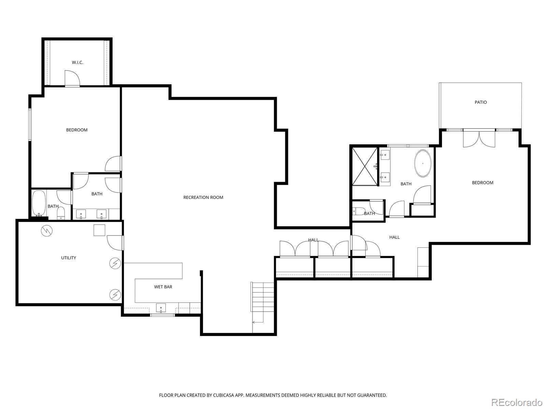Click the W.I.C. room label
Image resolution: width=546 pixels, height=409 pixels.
pos(77,62)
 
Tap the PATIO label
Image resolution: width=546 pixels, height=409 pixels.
pos(480,102)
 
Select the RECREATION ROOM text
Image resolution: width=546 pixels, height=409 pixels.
pos(203,197)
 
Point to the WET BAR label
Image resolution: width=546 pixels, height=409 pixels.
pos(163,287)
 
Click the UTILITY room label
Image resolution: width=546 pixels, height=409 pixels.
pos(69,258)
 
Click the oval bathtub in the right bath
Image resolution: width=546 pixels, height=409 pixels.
pos(423,163)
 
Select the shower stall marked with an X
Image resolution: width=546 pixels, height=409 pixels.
pos(365,167)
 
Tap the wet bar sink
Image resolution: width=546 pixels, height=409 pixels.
pos(161,308)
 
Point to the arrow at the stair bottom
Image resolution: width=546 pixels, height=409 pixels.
pos(254,322)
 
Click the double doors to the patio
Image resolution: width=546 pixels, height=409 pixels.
pos(479,139)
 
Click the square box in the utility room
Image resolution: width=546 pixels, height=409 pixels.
pos(99,230)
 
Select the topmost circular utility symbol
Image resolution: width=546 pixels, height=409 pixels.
pos(47,231)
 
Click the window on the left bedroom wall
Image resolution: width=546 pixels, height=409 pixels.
pos(30,124)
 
